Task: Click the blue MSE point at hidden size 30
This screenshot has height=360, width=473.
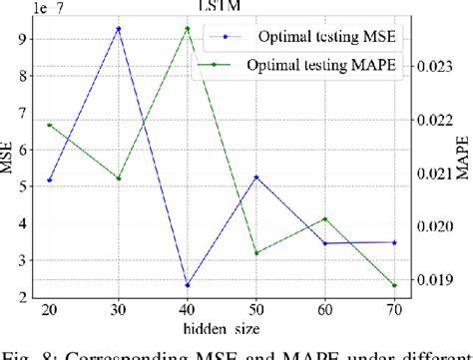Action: tap(119, 29)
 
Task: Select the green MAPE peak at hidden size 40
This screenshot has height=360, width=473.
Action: tap(188, 29)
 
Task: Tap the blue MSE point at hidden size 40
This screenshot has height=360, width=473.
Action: tap(188, 285)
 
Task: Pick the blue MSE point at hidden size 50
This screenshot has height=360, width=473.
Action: tap(256, 178)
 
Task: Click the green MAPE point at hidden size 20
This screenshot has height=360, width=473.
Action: tap(50, 125)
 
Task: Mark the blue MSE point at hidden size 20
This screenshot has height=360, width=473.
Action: tap(50, 180)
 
